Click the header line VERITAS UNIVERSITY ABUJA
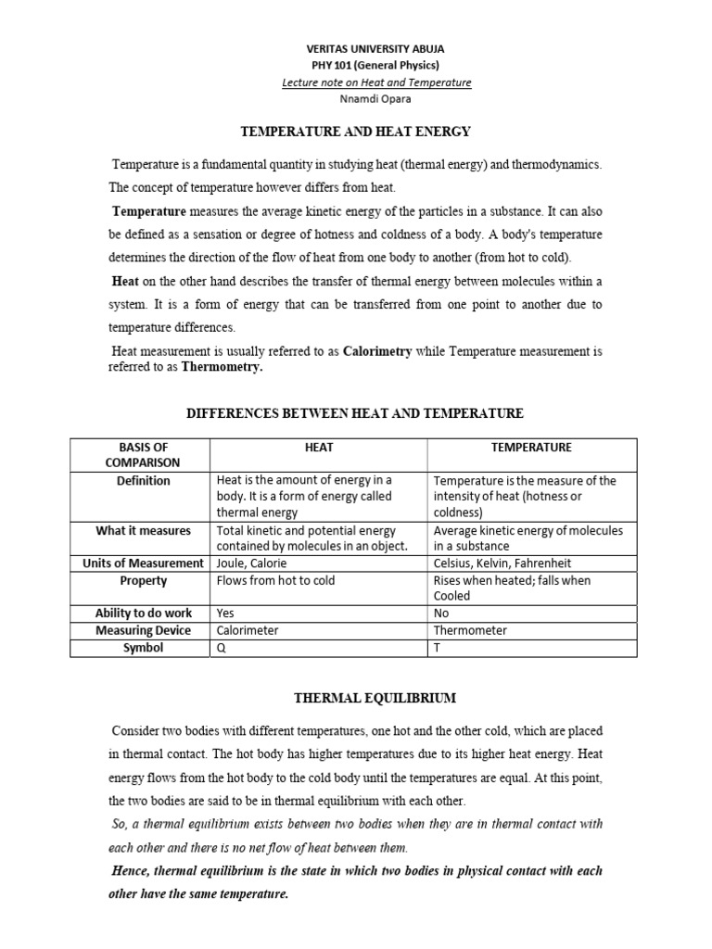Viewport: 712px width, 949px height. click(375, 49)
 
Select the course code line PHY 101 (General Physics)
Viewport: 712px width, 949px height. click(375, 66)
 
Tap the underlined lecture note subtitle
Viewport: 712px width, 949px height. click(376, 82)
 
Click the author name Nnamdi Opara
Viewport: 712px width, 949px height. click(375, 99)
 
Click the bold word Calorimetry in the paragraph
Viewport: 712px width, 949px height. click(377, 352)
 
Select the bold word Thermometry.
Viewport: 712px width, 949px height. click(222, 367)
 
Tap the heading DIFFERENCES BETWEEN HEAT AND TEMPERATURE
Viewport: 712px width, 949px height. click(355, 413)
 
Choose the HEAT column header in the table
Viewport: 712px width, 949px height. click(319, 448)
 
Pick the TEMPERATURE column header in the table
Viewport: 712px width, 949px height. click(531, 448)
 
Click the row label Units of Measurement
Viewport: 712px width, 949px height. click(143, 563)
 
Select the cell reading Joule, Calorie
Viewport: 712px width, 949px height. click(251, 563)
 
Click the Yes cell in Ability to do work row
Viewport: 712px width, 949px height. click(225, 614)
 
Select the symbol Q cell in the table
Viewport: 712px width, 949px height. click(221, 648)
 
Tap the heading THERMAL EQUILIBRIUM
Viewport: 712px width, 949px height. click(355, 696)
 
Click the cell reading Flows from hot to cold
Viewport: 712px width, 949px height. click(275, 581)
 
